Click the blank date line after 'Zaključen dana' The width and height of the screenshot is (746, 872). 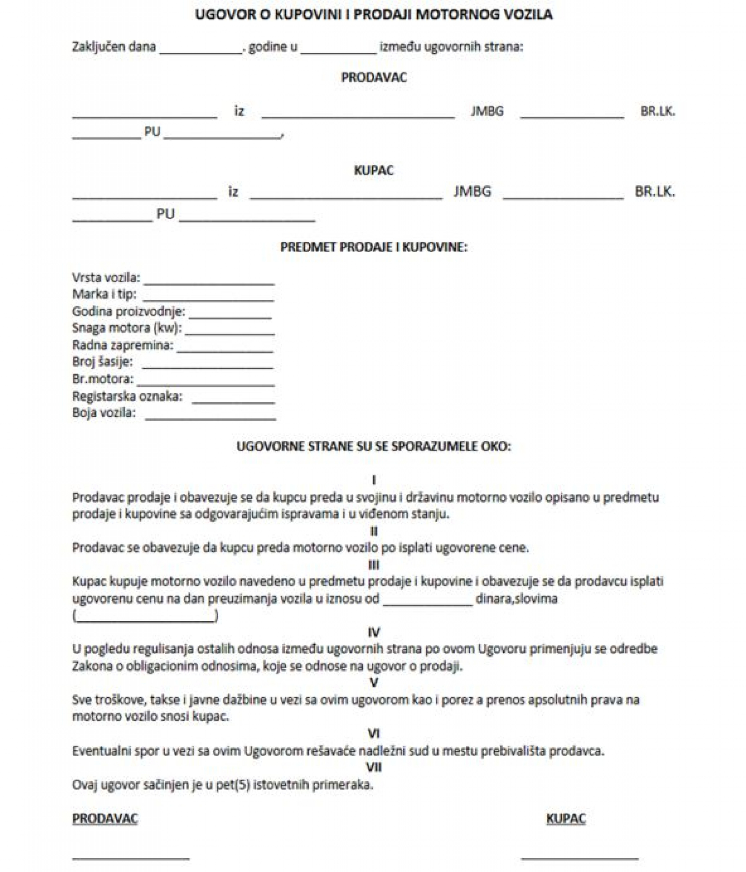[x=201, y=52]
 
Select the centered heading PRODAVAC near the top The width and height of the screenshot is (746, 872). [x=373, y=77]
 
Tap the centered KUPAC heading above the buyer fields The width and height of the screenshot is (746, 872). [x=373, y=170]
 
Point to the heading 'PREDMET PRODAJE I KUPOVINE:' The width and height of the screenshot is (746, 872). [x=373, y=247]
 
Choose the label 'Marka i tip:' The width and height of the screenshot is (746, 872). [x=104, y=294]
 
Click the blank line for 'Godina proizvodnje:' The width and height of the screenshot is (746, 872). [x=230, y=317]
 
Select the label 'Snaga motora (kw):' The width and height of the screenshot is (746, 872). [x=127, y=328]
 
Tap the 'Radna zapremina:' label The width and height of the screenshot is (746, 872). [x=123, y=345]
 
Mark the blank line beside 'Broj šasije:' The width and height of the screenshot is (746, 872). [x=207, y=367]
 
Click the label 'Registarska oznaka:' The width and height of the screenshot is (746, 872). [x=127, y=396]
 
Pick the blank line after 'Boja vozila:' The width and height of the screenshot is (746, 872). [x=210, y=418]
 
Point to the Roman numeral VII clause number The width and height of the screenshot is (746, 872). [x=373, y=767]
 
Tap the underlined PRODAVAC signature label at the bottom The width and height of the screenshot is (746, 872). [x=105, y=818]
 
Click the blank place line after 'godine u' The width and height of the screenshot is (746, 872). [x=338, y=52]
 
